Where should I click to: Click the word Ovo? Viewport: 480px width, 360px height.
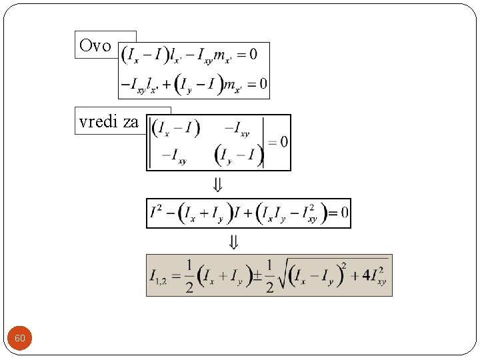95,45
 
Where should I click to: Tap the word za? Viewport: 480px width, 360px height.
131,121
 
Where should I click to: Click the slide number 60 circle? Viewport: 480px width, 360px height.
20,339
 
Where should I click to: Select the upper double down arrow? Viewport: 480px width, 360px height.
217,185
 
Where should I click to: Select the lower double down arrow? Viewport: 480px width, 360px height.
233,241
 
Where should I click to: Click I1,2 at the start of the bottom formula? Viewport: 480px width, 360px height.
158,276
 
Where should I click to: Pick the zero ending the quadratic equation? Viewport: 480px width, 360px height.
344,213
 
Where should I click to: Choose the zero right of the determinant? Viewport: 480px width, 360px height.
284,141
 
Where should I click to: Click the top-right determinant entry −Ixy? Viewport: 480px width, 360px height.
237,129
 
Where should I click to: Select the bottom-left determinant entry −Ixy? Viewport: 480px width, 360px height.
173,157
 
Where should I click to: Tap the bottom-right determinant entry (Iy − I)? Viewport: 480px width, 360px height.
239,156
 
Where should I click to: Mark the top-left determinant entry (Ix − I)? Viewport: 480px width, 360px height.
176,128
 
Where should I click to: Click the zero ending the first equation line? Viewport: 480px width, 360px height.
253,54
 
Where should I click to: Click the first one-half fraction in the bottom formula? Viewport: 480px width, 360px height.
189,275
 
